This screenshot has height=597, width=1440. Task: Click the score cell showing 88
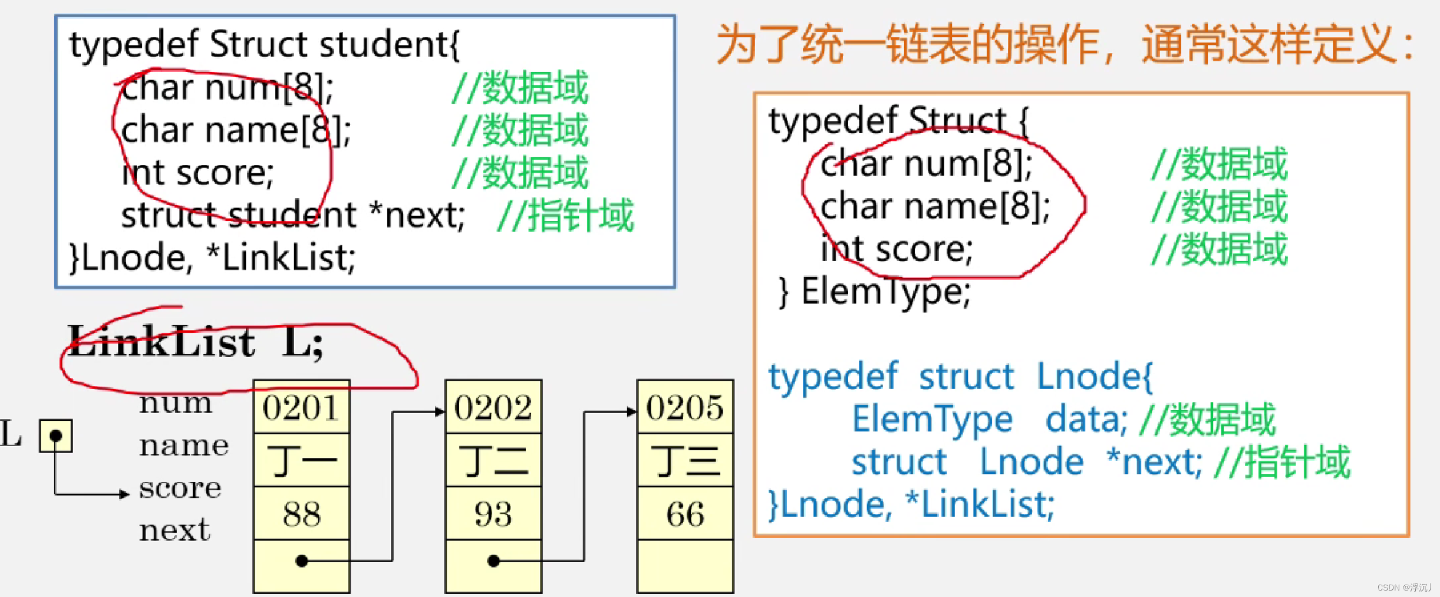click(301, 514)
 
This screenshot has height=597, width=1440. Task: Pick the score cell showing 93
click(493, 514)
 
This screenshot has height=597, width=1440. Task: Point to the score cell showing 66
click(685, 514)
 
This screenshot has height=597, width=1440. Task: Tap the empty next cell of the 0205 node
click(685, 566)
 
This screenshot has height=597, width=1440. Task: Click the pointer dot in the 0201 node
click(302, 561)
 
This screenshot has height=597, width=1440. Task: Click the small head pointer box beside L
click(56, 436)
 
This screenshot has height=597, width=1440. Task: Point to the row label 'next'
click(174, 530)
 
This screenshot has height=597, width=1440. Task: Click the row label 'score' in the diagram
click(180, 488)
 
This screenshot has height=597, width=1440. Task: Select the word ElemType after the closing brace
click(885, 292)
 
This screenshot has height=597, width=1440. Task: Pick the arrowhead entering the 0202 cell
click(440, 412)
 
